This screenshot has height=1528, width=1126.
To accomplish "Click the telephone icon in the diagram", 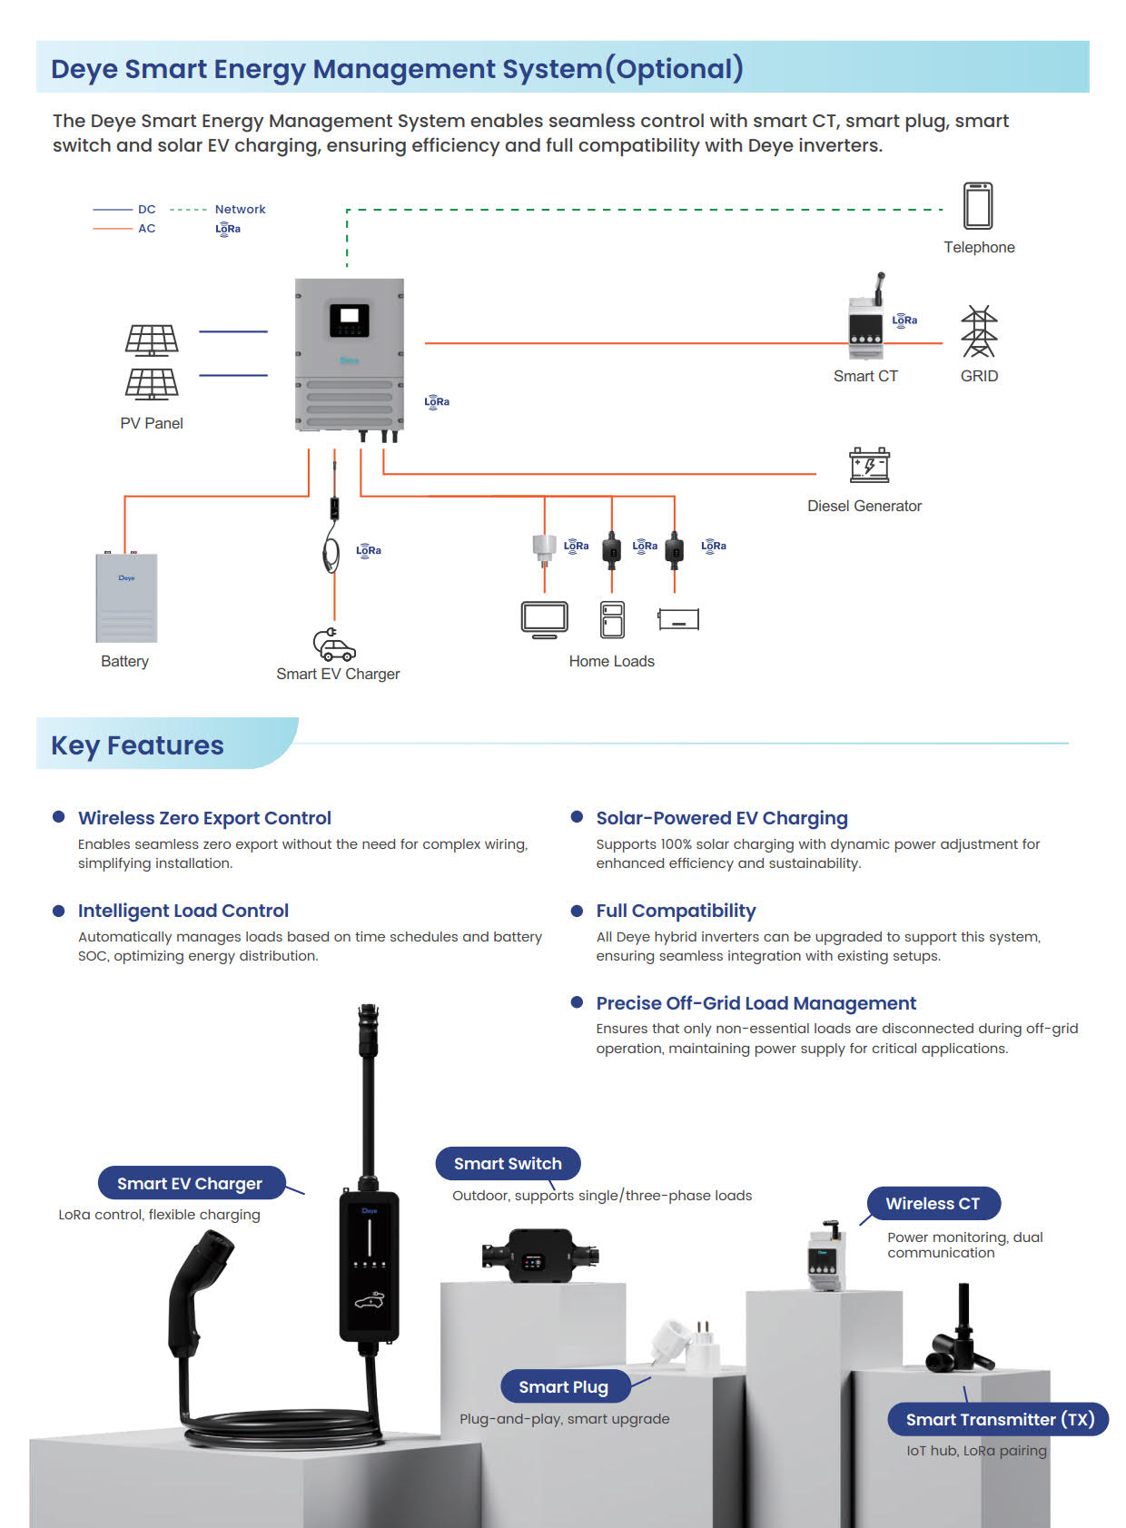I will point(978,205).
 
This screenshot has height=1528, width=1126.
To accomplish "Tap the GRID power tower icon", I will point(979,331).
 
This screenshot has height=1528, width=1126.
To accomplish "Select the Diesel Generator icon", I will point(869,465).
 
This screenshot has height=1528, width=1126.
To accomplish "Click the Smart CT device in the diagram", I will point(865,328).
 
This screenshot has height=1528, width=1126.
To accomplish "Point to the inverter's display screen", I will point(349,319).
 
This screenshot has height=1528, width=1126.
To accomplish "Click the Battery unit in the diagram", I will point(126,597).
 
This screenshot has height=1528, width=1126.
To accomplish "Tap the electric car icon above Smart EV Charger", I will point(334,645).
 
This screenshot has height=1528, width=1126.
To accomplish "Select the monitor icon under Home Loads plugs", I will point(545,619).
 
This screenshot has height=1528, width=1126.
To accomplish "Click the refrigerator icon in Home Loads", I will point(612,619).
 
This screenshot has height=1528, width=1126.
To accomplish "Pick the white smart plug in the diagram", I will point(544,547).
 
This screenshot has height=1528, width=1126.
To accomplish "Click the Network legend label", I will point(240,210).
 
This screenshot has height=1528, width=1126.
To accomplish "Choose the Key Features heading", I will point(137,745).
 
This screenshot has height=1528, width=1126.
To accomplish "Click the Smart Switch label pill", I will point(508,1164).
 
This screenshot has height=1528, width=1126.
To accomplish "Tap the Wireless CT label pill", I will point(933,1204).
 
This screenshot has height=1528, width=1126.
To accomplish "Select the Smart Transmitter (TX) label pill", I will point(1000,1420).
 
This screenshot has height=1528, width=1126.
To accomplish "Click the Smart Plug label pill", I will point(563,1387).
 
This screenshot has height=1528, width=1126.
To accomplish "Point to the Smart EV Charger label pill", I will point(190,1184).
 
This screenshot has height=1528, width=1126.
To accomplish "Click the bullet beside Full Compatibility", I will point(577,911).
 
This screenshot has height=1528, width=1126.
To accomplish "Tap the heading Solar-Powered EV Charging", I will point(722,818).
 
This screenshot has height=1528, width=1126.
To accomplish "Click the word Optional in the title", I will point(674,69).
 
